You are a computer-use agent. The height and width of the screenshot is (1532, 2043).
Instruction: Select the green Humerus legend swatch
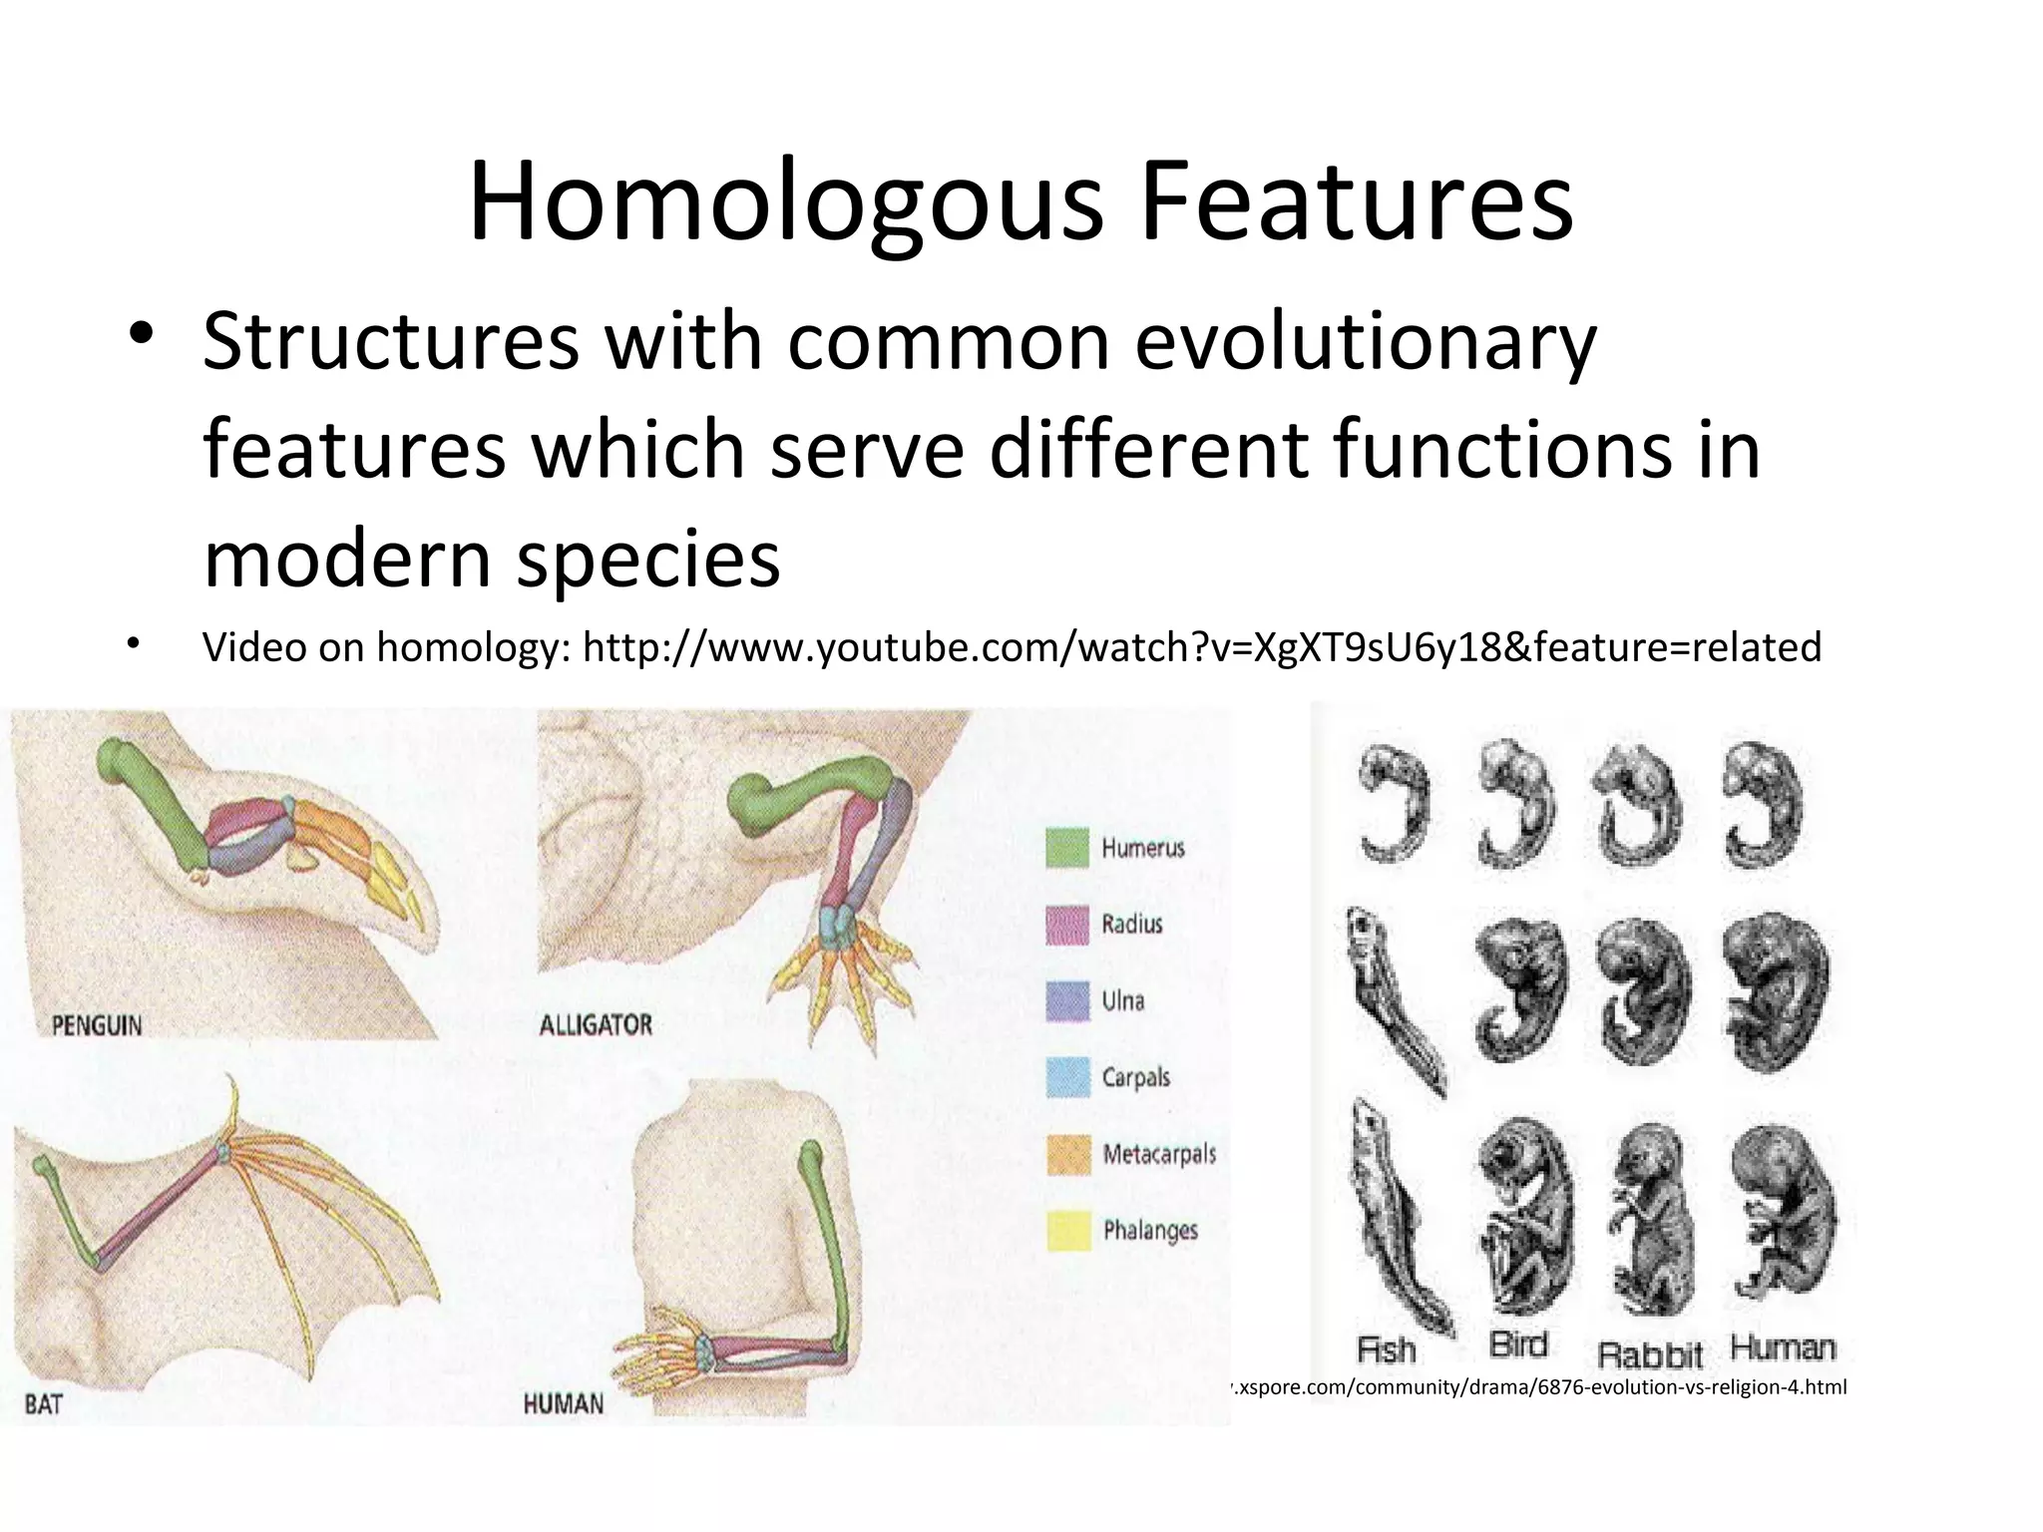(x=1066, y=849)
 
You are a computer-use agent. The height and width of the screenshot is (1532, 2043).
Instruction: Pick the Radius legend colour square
(x=1066, y=925)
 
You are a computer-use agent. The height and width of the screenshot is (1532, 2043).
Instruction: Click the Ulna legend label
(x=1123, y=1001)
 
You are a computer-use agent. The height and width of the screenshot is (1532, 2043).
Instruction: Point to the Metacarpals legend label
(x=1159, y=1155)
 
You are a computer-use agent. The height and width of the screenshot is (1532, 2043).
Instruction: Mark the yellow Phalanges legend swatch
(x=1066, y=1231)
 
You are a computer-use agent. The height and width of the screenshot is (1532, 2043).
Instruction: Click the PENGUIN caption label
(x=97, y=1024)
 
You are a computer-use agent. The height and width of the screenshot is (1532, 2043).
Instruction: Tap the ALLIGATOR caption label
(x=596, y=1024)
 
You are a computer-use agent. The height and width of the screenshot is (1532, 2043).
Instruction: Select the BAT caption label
(x=44, y=1404)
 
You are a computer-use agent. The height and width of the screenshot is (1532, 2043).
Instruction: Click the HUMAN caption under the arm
(x=564, y=1404)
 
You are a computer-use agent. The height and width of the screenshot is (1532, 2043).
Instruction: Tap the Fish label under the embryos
(x=1387, y=1350)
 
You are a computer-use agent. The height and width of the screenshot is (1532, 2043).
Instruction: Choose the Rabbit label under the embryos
(x=1650, y=1354)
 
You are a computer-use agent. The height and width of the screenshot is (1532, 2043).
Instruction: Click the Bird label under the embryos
(x=1518, y=1345)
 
